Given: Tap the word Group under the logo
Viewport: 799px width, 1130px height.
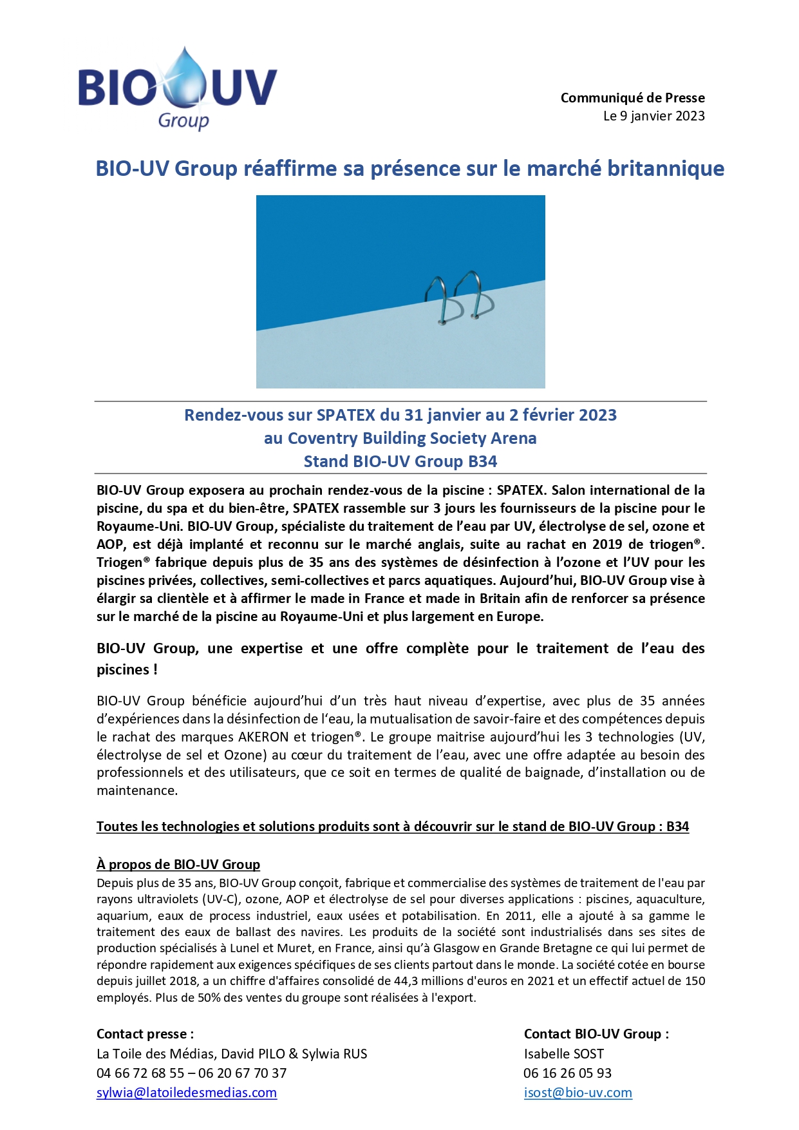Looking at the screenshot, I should (x=183, y=120).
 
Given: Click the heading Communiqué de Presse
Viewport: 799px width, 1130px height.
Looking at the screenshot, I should (x=632, y=98).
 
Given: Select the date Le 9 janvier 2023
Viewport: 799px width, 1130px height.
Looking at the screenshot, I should (x=653, y=116).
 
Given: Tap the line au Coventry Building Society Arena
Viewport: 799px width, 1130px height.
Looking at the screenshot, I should (x=400, y=438).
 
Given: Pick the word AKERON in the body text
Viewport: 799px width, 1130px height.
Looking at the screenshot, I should (x=264, y=737).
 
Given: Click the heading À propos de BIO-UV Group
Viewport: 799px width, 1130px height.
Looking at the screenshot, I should (x=178, y=865).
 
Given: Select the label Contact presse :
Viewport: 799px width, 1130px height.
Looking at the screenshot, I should (x=145, y=1034).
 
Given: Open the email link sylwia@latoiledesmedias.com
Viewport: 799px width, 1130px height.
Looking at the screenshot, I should (x=187, y=1093).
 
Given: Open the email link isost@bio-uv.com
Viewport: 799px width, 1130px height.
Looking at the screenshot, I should (x=578, y=1093).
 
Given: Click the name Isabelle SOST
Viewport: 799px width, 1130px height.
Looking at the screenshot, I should (x=563, y=1054).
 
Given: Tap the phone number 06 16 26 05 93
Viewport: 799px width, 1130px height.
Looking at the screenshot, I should (x=567, y=1073).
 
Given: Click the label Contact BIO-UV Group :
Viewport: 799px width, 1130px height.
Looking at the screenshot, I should (x=596, y=1034).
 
